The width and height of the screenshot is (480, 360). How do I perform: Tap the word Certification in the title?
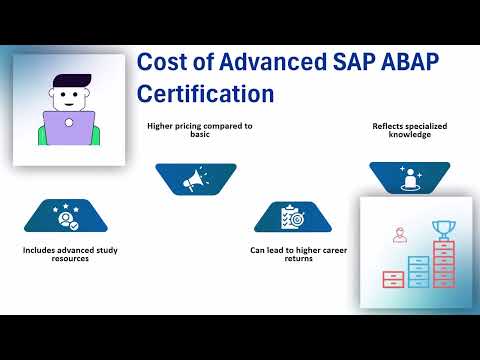pyautogui.click(x=205, y=94)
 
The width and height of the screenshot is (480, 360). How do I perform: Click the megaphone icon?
pyautogui.click(x=195, y=178)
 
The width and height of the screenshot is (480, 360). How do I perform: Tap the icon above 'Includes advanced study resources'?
pyautogui.click(x=66, y=215)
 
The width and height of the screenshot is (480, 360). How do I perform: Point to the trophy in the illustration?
pyautogui.click(x=442, y=230)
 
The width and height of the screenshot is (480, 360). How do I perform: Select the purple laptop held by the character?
pyautogui.click(x=68, y=128)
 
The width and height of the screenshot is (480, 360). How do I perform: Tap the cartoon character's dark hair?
pyautogui.click(x=68, y=82)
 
